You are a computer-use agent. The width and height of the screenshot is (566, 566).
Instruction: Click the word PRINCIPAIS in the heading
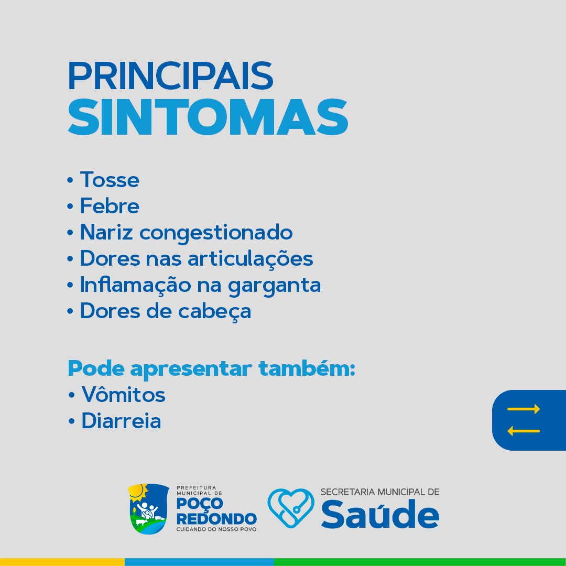170,76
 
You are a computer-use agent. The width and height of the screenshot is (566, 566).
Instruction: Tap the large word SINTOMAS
208,117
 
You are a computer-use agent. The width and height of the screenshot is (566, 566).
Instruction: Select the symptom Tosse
110,180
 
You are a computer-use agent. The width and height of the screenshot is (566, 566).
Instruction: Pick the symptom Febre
110,206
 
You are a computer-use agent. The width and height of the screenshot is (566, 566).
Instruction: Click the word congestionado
216,233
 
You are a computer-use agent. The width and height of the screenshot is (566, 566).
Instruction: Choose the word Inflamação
135,285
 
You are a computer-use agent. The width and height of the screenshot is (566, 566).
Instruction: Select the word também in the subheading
307,368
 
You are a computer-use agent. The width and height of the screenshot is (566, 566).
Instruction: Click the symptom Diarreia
121,420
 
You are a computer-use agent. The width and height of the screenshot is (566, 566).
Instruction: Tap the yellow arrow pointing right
524,409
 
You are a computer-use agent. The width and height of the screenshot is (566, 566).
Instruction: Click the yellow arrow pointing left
524,431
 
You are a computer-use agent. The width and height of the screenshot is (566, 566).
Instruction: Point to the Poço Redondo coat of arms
148,508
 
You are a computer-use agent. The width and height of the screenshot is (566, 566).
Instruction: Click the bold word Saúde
380,514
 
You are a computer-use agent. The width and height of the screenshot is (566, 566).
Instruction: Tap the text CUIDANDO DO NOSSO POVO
216,529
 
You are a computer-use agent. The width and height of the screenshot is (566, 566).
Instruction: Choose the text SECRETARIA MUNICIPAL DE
380,492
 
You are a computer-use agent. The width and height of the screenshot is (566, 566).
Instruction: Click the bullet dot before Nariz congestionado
70,233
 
